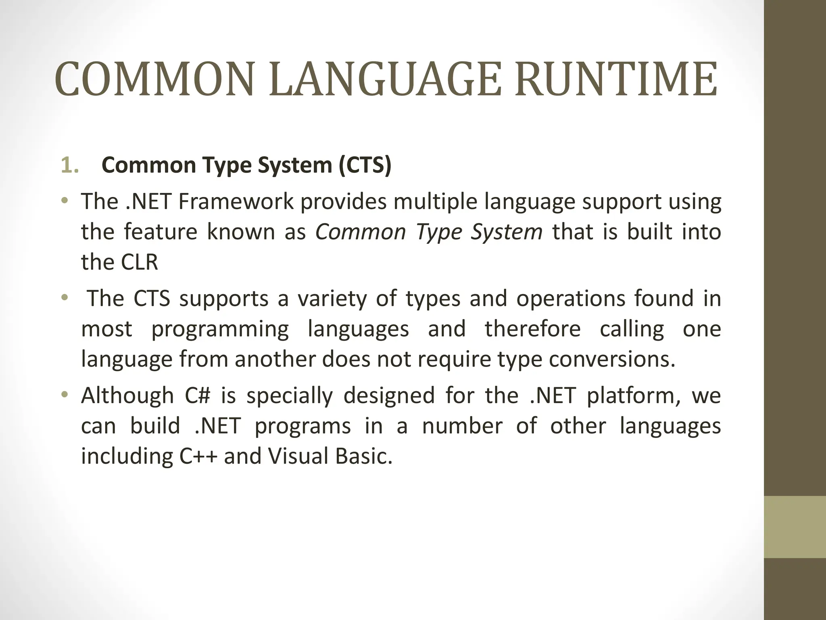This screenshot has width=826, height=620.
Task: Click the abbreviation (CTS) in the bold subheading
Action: point(365,165)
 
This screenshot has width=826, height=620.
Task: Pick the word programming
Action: point(220,329)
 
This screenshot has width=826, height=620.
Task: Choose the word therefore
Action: point(532,329)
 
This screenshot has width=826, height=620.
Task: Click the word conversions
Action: point(612,359)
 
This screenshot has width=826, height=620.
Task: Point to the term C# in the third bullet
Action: point(198,395)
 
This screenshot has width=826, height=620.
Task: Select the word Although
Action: point(127,395)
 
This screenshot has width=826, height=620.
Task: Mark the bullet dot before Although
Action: point(64,394)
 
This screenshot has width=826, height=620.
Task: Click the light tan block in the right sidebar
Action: point(795,527)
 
